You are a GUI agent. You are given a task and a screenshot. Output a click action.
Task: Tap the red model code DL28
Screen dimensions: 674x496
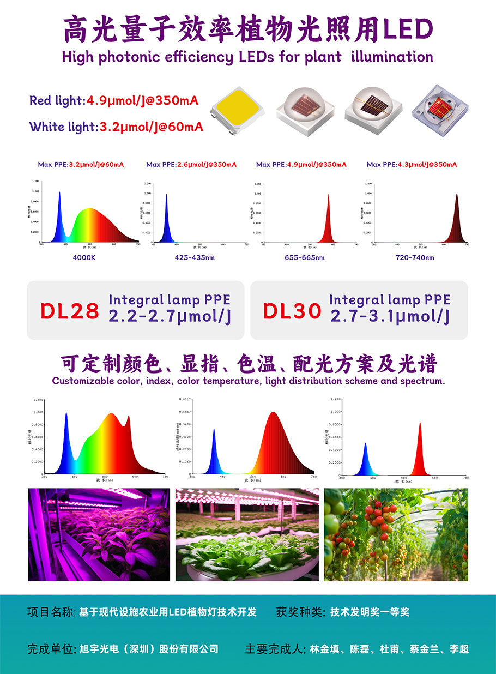click(x=70, y=311)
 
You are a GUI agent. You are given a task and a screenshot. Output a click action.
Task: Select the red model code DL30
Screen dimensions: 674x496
click(x=292, y=311)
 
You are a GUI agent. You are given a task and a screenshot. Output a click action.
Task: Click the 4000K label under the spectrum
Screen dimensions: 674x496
click(x=84, y=257)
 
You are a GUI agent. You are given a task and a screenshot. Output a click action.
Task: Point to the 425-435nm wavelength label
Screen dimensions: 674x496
click(x=195, y=257)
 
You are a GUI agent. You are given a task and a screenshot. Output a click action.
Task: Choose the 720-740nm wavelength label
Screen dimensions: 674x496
click(x=415, y=257)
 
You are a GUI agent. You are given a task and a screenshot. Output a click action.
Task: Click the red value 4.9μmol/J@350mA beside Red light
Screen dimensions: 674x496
click(x=142, y=101)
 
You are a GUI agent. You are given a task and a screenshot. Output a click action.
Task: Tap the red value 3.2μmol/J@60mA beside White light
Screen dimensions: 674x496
click(x=151, y=127)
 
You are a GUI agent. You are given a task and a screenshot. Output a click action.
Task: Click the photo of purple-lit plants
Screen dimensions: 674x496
click(x=99, y=534)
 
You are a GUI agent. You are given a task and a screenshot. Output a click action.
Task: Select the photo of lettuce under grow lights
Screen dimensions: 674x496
click(x=247, y=534)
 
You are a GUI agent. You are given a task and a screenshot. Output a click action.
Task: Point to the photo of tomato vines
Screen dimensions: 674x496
click(x=396, y=534)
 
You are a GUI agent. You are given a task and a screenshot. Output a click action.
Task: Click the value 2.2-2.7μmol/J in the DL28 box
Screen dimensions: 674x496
click(x=169, y=316)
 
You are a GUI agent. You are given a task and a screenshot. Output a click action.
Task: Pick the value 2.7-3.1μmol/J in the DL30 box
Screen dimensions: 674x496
click(x=390, y=316)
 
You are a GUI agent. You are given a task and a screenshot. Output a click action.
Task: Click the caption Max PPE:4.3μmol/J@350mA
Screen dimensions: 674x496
click(x=412, y=164)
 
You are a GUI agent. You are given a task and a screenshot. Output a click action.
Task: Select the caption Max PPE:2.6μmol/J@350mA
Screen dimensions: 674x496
click(x=191, y=164)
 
